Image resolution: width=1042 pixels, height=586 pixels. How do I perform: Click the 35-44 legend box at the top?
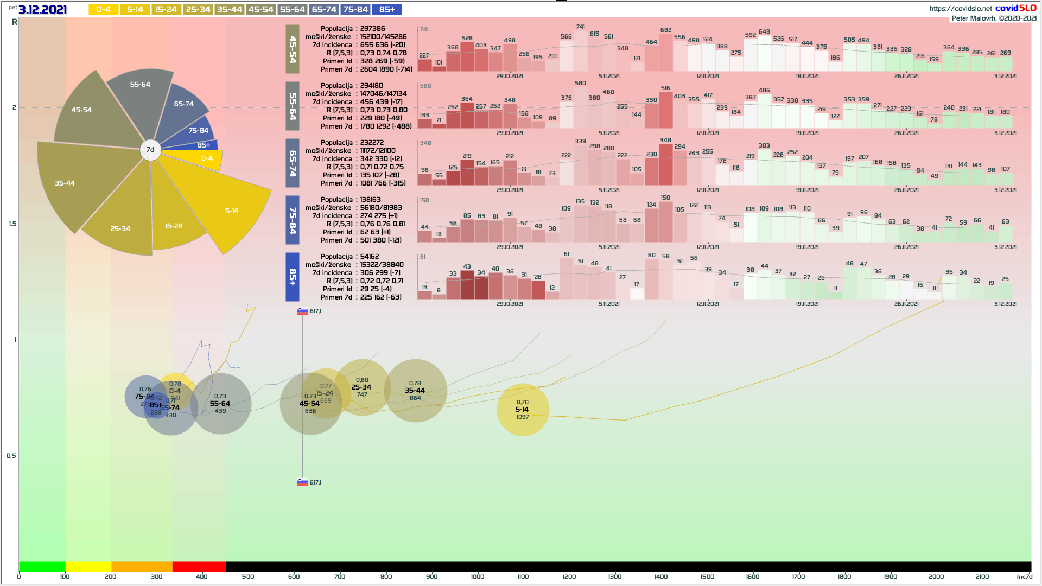230,10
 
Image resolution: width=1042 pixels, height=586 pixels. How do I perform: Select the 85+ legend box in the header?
387,10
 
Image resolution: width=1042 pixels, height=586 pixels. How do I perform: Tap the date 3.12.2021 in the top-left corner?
43,10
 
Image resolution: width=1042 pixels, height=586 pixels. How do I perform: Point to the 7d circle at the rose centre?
150,150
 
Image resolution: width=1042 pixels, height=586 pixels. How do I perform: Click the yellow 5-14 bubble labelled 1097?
523,410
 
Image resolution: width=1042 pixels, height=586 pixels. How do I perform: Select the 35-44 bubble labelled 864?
415,391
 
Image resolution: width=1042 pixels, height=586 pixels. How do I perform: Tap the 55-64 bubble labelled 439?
220,404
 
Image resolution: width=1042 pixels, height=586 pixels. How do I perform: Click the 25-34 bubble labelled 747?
362,387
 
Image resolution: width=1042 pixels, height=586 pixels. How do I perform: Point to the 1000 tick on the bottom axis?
478,577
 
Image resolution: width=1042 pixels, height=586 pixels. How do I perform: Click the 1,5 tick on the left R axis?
12,224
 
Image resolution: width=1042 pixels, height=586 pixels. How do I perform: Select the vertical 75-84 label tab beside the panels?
293,220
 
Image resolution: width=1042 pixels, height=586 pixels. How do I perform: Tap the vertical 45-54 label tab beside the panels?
293,49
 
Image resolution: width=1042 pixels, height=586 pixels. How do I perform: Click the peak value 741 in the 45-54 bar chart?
581,27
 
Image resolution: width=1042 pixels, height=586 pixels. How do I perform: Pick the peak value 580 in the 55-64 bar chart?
580,83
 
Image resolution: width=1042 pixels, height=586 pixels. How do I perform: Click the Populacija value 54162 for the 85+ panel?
370,257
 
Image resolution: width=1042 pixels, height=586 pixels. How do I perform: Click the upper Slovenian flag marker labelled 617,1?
303,311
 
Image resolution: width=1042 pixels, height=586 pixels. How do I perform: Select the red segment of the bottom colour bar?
199,566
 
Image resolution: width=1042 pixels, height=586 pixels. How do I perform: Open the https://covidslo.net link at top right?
960,8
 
